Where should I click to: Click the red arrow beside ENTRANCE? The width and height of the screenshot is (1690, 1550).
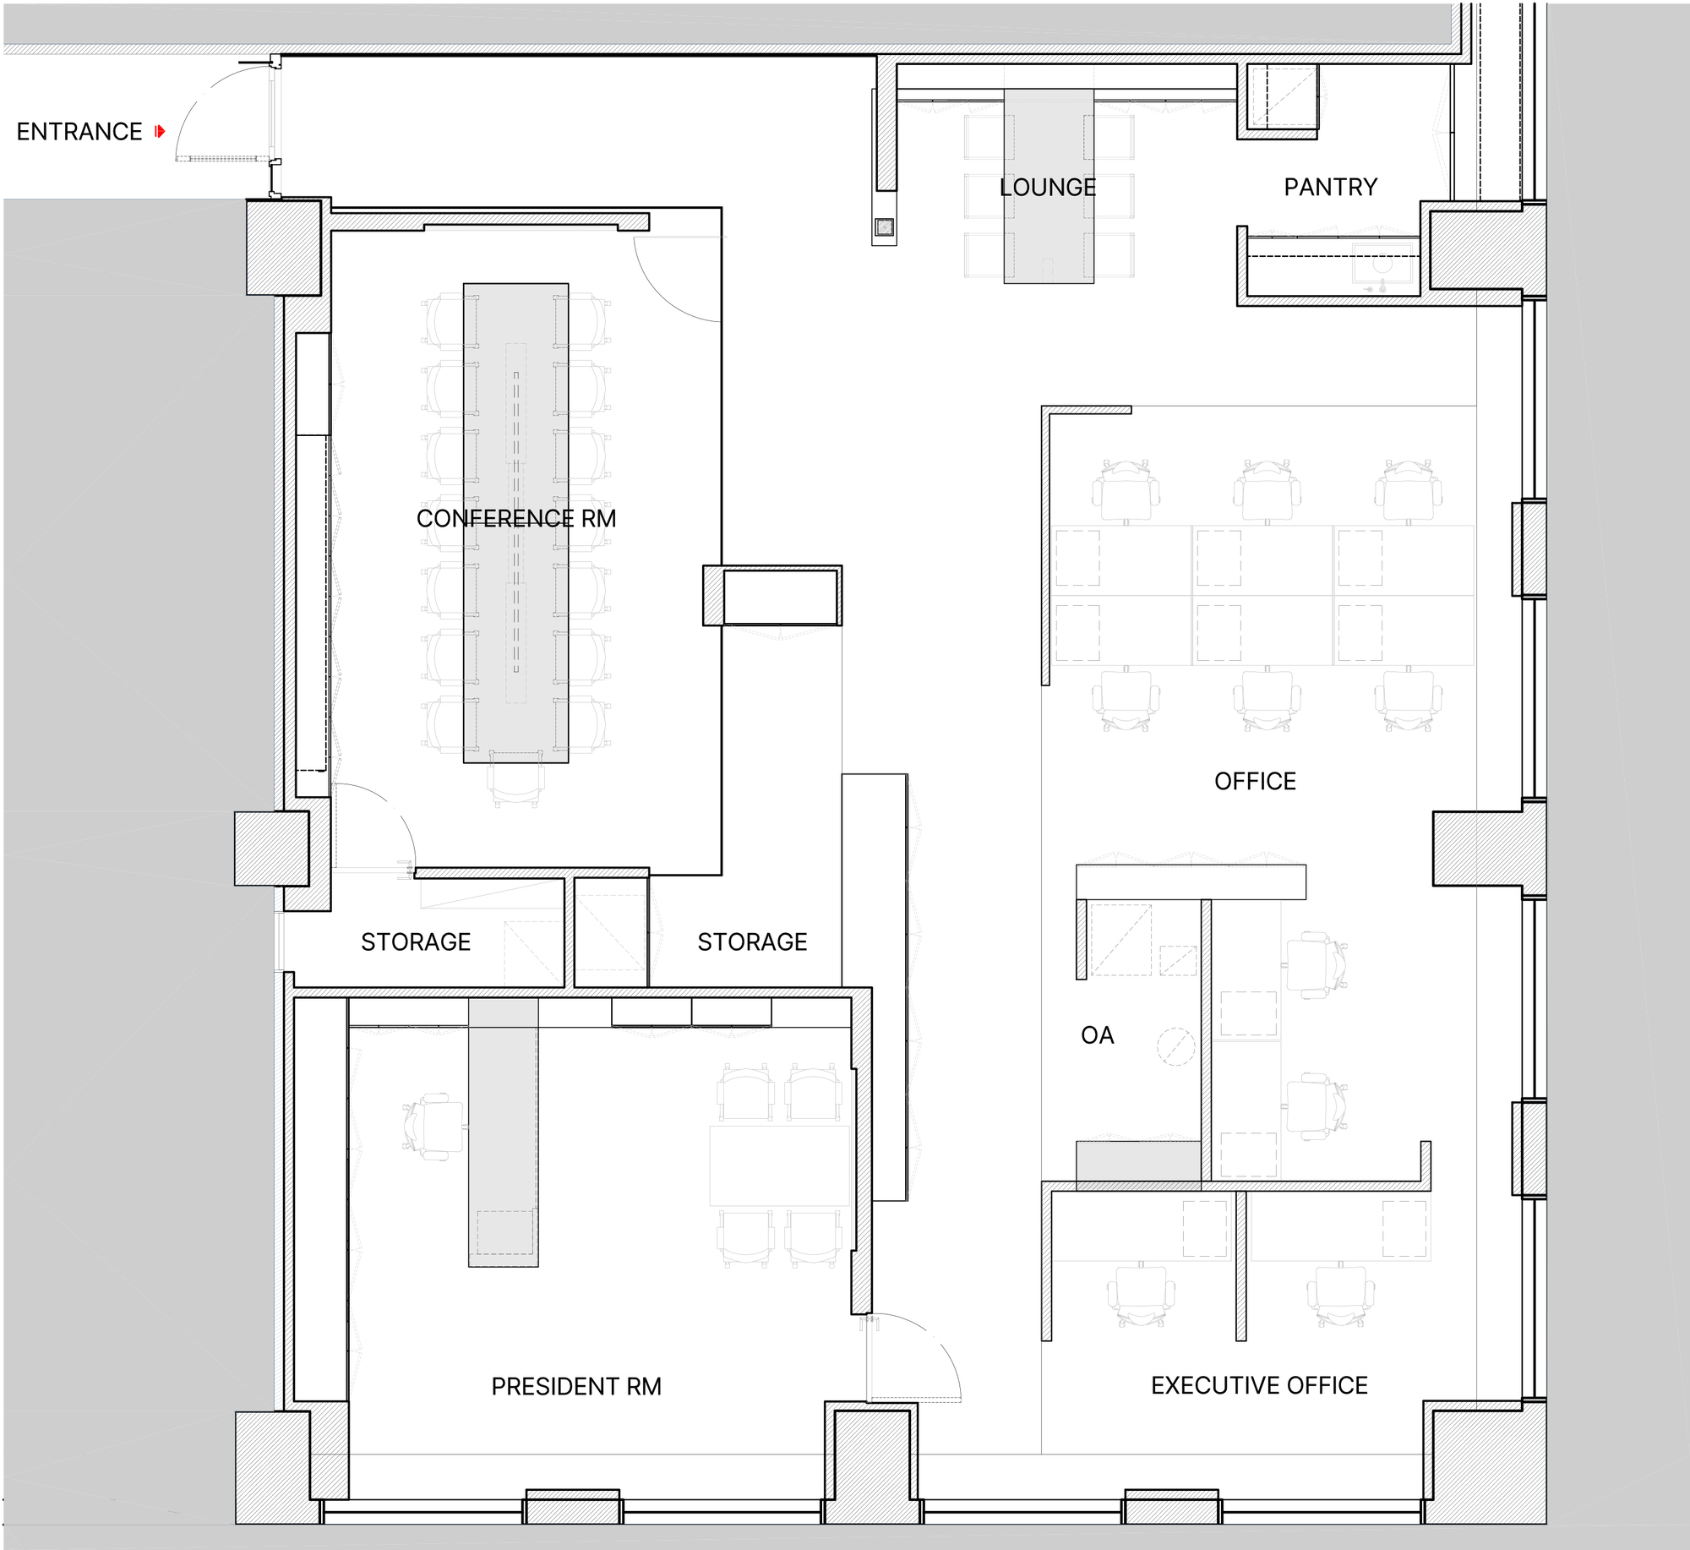pos(160,131)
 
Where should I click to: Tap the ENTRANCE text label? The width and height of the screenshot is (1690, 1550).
pos(79,132)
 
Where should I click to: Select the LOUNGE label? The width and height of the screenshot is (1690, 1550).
pos(1047,187)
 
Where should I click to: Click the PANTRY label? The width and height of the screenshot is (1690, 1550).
pos(1330,187)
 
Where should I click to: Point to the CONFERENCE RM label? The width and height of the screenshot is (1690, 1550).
pos(515,518)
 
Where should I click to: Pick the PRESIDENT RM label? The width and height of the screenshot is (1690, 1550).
pos(576,1386)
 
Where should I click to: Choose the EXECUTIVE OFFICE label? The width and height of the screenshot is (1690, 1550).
pos(1259,1385)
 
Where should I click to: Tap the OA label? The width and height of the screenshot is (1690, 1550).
pos(1097,1035)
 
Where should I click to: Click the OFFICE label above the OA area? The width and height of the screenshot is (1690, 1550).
pos(1255,781)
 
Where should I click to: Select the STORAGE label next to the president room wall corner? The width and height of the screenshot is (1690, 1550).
pos(752,941)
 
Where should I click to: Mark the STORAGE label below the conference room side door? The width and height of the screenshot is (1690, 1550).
pos(416,941)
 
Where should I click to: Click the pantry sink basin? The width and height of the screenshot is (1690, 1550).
pos(1382,264)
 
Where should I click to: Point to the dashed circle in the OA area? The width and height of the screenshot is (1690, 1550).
pos(1175,1046)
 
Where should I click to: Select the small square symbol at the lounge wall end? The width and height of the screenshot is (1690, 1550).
pos(884,226)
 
